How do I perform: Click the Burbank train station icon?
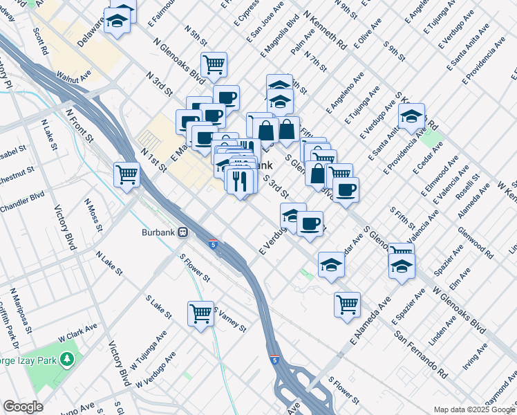coord(183,232)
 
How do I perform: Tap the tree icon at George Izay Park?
coord(67,360)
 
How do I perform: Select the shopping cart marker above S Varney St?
coord(200,313)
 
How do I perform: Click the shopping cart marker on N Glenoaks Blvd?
coord(214,64)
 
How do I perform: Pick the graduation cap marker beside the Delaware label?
coord(117,21)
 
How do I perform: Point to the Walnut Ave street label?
coord(74,75)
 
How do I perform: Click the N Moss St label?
coord(93,215)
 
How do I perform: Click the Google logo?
coord(23,407)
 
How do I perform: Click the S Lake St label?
coord(158,306)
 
